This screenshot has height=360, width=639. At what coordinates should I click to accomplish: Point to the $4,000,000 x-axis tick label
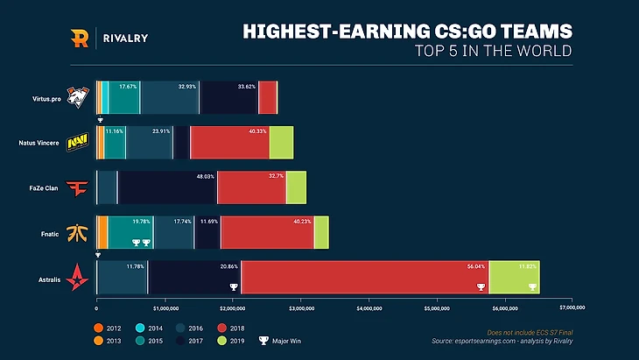click(369, 308)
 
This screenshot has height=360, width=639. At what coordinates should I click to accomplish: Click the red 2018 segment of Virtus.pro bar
click(268, 96)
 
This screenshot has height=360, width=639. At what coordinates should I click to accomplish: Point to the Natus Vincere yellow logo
click(77, 142)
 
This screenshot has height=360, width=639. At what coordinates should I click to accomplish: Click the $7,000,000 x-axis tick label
click(572, 308)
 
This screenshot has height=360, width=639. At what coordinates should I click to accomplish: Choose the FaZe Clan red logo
click(77, 187)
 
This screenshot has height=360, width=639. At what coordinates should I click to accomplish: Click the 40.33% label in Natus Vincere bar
click(257, 131)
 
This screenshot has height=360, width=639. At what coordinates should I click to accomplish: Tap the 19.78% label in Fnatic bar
click(141, 222)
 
